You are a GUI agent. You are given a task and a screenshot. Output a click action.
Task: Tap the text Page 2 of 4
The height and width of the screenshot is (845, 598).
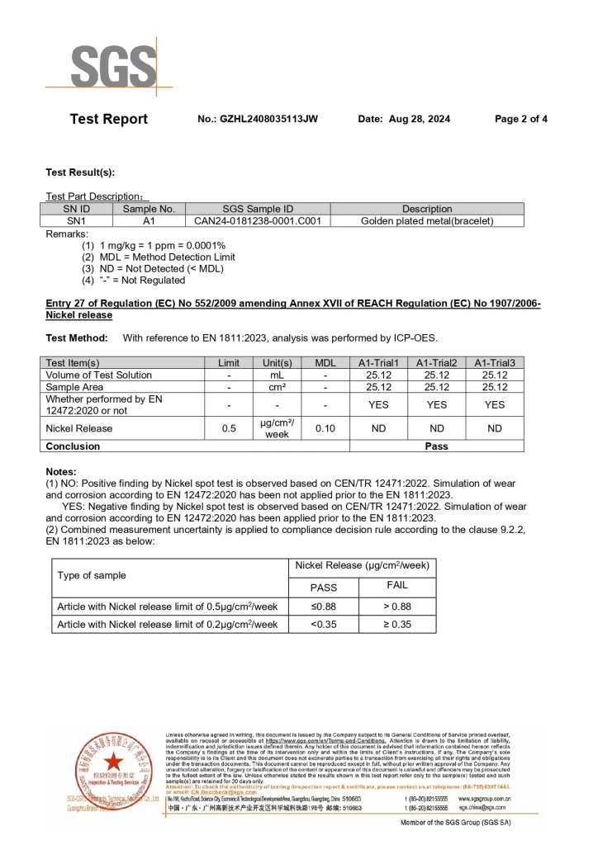click(x=520, y=120)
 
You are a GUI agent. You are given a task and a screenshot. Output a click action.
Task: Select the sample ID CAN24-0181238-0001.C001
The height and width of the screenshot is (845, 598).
click(x=258, y=221)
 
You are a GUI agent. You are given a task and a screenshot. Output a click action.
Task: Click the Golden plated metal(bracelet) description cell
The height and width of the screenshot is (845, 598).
click(x=427, y=221)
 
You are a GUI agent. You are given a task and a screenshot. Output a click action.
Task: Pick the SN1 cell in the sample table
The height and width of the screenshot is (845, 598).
click(x=76, y=221)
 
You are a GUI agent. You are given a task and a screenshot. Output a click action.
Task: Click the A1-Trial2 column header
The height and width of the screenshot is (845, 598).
click(x=436, y=363)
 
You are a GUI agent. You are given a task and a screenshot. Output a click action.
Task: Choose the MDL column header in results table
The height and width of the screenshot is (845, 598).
click(x=325, y=363)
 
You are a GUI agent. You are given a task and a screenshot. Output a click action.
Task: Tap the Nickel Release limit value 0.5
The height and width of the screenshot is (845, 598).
click(x=229, y=428)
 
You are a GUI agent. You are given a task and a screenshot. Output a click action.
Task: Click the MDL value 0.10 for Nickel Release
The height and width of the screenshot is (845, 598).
click(x=325, y=428)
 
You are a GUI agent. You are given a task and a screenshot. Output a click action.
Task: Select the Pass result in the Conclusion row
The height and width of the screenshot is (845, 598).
click(x=436, y=446)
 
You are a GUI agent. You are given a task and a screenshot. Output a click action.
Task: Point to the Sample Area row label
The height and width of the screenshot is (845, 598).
click(x=75, y=387)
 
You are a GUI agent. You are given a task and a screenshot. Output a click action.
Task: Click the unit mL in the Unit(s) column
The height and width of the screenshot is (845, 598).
click(x=277, y=375)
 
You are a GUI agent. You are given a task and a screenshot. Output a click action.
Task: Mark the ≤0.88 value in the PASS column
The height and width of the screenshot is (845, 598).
click(x=323, y=606)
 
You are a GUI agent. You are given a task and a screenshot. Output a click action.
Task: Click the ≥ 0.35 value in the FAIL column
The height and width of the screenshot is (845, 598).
click(x=396, y=625)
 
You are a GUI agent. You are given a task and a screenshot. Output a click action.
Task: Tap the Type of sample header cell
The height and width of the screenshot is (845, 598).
click(x=92, y=575)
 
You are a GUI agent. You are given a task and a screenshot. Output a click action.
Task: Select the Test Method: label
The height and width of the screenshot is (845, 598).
click(x=77, y=338)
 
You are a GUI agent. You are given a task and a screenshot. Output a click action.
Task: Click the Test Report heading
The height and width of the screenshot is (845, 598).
click(x=109, y=120)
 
